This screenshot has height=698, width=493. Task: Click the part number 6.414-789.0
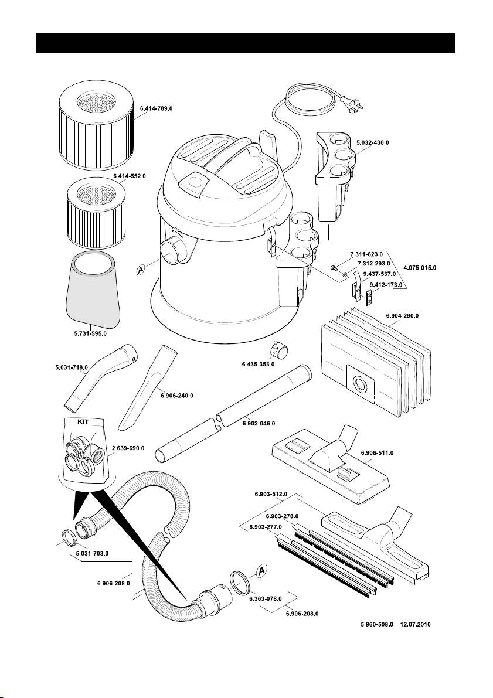(x=156, y=108)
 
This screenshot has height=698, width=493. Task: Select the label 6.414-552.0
(x=129, y=176)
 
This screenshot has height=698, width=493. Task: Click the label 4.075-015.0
(x=420, y=267)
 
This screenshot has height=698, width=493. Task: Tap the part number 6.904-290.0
(x=403, y=315)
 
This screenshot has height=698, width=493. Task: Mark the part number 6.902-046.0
(x=259, y=423)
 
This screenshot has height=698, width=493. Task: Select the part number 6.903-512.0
(x=271, y=495)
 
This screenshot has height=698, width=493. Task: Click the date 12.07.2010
(x=415, y=625)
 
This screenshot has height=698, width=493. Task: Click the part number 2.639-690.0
(x=128, y=447)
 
